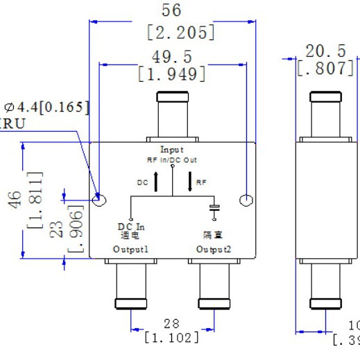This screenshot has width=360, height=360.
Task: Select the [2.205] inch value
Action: (178, 33)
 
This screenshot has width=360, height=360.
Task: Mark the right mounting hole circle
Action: (246, 200)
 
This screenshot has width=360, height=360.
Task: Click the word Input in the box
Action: (171, 149)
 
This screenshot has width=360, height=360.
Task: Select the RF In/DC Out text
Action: (171, 159)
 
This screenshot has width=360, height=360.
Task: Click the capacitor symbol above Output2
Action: (215, 209)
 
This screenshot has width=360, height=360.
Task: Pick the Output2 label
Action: (212, 248)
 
